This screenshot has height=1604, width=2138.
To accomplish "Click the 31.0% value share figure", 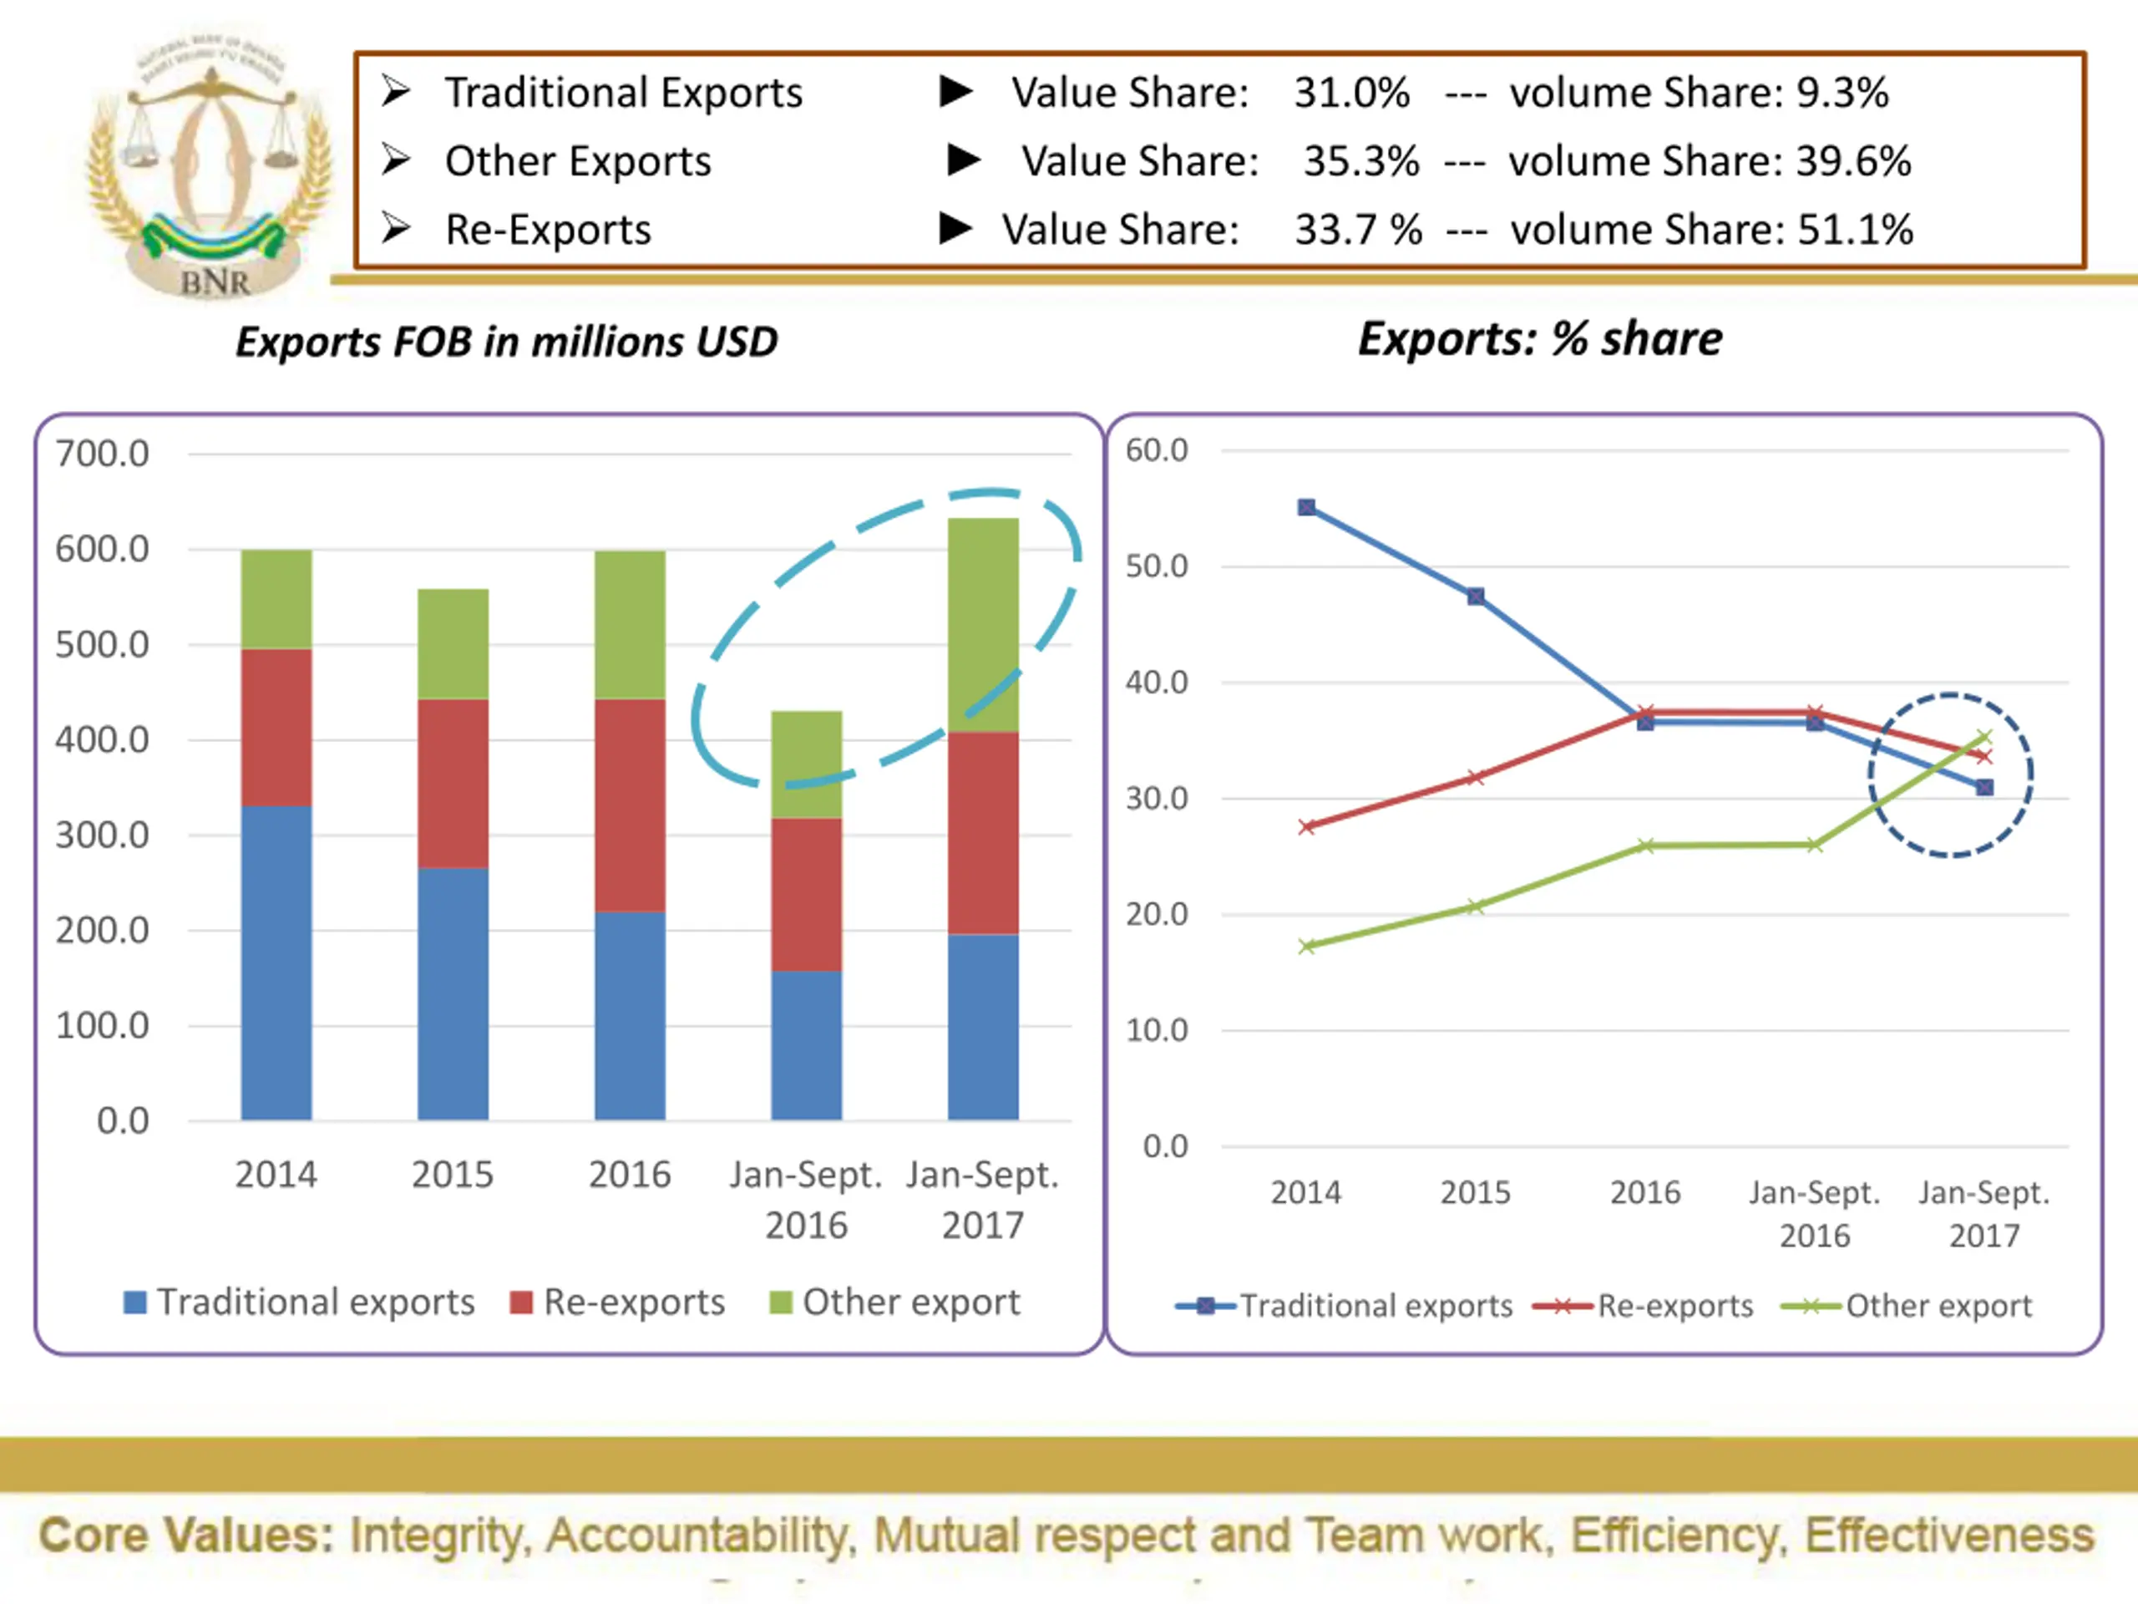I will tap(1351, 93).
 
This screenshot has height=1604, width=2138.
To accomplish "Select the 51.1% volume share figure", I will tap(1855, 230).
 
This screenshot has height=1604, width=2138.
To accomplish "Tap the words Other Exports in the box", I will tap(577, 161).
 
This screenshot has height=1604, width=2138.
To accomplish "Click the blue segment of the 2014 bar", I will tap(276, 962).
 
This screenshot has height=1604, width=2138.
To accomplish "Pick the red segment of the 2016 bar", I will tap(629, 805).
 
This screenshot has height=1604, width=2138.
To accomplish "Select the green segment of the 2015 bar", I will tap(453, 644).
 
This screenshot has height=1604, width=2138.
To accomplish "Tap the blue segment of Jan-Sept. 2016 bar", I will tap(806, 1045).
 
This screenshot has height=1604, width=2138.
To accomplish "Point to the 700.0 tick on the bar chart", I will tap(103, 454).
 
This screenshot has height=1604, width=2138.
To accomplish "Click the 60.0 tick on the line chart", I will tap(1156, 450).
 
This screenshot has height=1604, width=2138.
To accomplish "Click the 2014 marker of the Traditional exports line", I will tap(1306, 508).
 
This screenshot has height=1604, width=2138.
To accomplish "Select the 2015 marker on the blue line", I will tap(1476, 596).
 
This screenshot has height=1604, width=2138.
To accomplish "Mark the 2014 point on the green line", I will tap(1307, 947).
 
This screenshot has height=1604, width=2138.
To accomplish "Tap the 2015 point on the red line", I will tap(1476, 777).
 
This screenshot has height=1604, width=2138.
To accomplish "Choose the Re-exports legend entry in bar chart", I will tap(619, 1302).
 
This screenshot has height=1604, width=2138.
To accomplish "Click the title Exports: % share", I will tap(1540, 339).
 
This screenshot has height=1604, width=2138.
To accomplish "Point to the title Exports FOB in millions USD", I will tap(506, 343).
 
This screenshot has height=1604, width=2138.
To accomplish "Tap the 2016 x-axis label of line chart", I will tap(1645, 1192).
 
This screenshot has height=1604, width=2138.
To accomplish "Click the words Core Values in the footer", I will tap(185, 1535).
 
